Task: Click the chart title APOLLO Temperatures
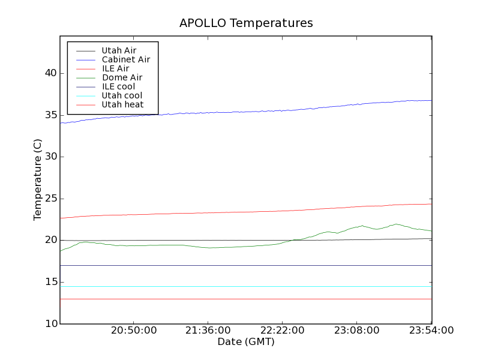(246, 23)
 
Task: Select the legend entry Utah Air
(118, 51)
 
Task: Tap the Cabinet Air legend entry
(125, 60)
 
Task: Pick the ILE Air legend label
(115, 69)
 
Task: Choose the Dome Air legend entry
(122, 77)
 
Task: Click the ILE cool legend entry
(118, 86)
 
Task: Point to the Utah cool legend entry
(122, 95)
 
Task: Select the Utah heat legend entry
(122, 104)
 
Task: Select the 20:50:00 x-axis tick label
(133, 331)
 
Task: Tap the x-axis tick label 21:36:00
(208, 331)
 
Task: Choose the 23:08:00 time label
(356, 331)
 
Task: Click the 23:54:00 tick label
(431, 331)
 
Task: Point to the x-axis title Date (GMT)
(245, 341)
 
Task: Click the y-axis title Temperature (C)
(38, 180)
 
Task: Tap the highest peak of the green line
(397, 224)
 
